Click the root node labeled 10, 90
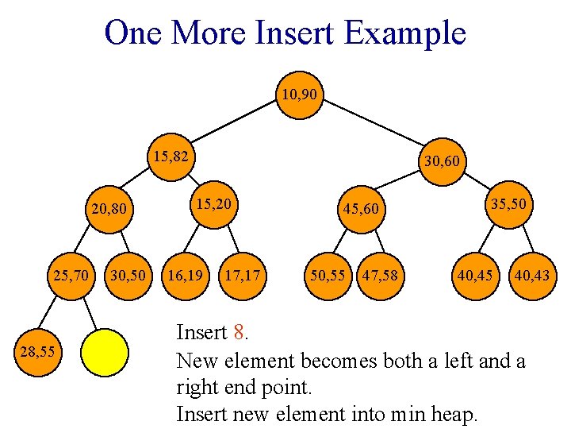pyautogui.click(x=299, y=95)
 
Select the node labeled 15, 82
pyautogui.click(x=171, y=157)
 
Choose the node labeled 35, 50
pyautogui.click(x=508, y=204)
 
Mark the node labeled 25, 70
pyautogui.click(x=71, y=276)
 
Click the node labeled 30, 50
pyautogui.click(x=128, y=276)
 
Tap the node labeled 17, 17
pyautogui.click(x=242, y=276)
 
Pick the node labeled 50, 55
pyautogui.click(x=327, y=276)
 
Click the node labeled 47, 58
pyautogui.click(x=380, y=276)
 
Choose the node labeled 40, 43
pyautogui.click(x=531, y=276)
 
